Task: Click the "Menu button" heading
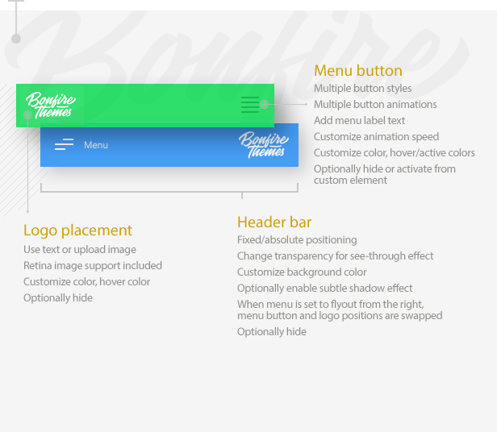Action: [358, 71]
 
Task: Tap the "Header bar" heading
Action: [274, 222]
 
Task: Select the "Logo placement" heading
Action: [77, 231]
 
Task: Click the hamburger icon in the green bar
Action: [250, 105]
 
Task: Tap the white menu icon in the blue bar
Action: [64, 144]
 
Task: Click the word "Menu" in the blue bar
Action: [96, 145]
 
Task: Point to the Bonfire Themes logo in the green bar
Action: [51, 105]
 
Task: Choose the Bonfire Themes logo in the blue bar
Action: [264, 145]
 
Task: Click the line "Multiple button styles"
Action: [362, 89]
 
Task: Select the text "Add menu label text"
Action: [360, 121]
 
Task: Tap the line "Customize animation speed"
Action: [376, 137]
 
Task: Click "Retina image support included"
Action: [93, 266]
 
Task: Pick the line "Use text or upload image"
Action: [80, 250]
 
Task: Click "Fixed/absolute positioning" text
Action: [297, 240]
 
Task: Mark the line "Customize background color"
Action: [302, 272]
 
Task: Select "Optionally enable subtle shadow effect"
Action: [325, 289]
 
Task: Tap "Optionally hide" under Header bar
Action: [272, 332]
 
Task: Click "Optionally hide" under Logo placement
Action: [58, 298]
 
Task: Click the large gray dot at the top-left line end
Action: [16, 39]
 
